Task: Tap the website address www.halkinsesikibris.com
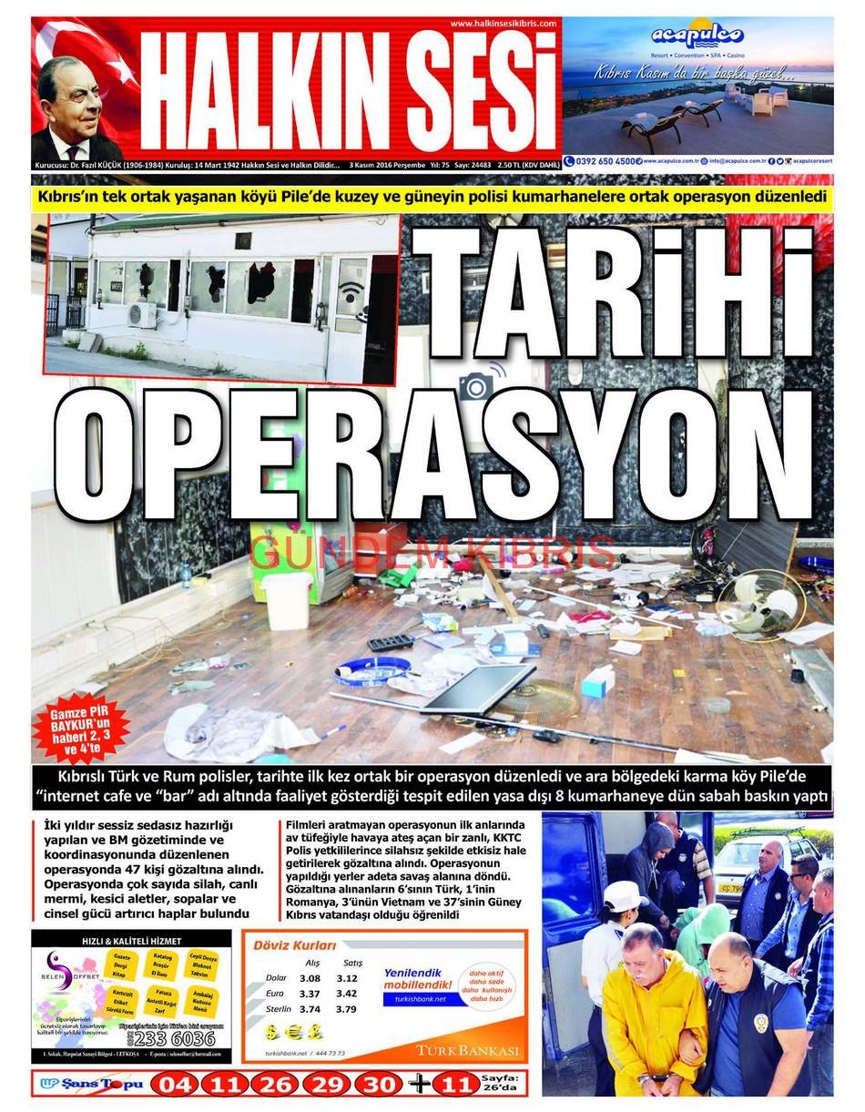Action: (x=503, y=23)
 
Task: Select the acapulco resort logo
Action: (x=697, y=36)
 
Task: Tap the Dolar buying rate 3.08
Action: (x=310, y=977)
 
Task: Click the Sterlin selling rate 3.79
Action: (x=346, y=1009)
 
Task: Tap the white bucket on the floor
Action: (x=287, y=600)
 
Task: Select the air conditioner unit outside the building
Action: (x=141, y=314)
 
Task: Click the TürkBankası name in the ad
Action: (x=468, y=1050)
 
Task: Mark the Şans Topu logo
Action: (x=91, y=1084)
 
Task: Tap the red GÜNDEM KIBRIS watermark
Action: (x=432, y=553)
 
